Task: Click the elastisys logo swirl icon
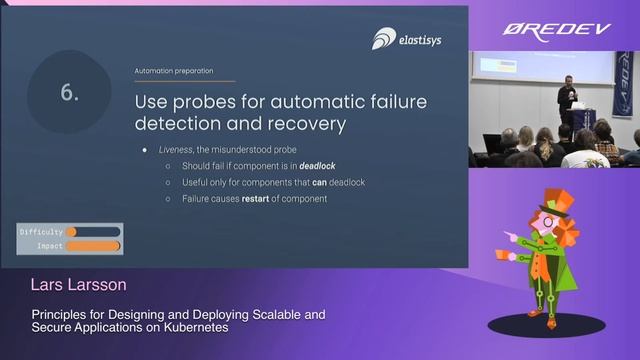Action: point(384,39)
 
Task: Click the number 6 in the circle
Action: point(70,92)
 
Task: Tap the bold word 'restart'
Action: point(257,198)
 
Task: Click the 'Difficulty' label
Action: point(41,232)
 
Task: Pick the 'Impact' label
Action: point(49,245)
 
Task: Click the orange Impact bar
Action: point(93,245)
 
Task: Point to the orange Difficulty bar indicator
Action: point(72,232)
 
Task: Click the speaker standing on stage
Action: point(566,99)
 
